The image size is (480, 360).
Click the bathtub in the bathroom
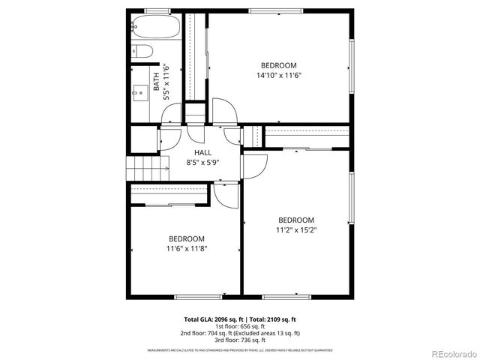coord(156,28)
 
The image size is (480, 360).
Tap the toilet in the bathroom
coord(142,52)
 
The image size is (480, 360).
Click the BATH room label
coord(156,81)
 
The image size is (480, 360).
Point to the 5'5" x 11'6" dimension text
coord(166,81)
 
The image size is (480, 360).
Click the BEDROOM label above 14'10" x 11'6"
coord(278,65)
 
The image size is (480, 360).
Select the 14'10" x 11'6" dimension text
coord(278,75)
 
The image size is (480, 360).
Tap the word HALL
coord(202,153)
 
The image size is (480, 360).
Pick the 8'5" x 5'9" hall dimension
coord(202,163)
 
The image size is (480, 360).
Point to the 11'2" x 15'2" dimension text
coord(295,230)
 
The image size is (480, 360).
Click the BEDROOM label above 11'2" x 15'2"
coord(295,220)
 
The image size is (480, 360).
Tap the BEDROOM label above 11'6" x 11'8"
coord(186,238)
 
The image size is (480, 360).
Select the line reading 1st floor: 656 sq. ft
coord(240,326)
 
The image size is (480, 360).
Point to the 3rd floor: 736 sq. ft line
coord(240,340)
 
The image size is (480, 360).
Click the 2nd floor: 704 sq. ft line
coord(240,333)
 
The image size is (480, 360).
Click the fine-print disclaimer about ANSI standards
coord(240,350)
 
